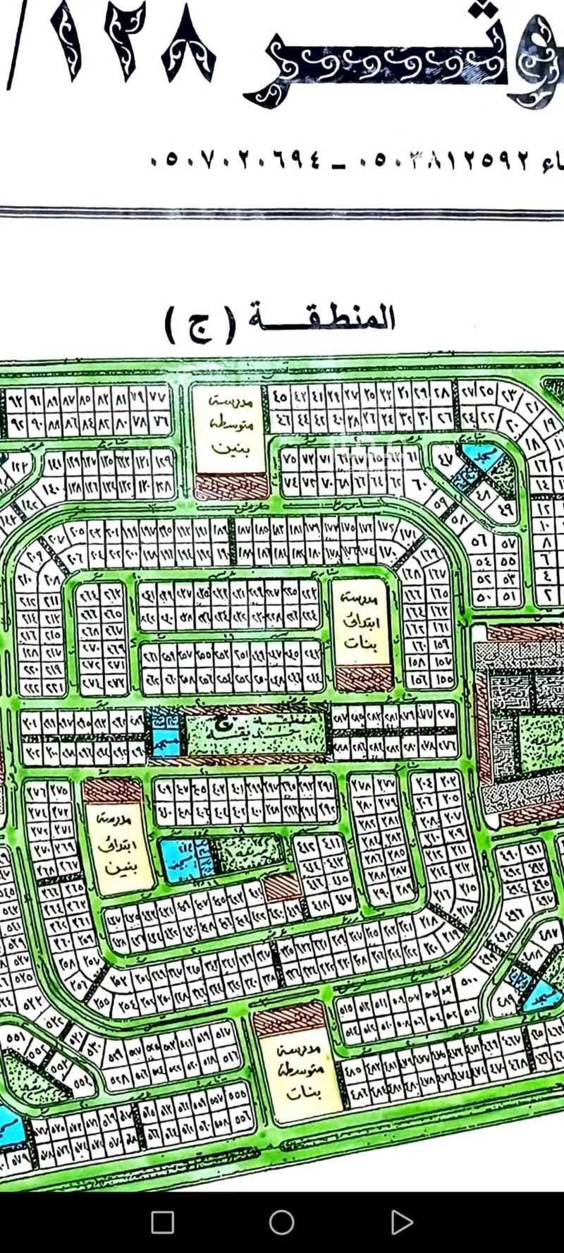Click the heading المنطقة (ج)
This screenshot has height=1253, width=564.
click(281, 321)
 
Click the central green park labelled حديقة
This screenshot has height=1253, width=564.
click(257, 734)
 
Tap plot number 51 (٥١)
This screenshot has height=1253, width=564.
click(509, 597)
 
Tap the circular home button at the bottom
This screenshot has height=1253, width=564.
click(282, 1222)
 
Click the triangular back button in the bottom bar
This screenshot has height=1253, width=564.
click(401, 1222)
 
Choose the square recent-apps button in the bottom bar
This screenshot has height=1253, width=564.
click(163, 1222)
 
